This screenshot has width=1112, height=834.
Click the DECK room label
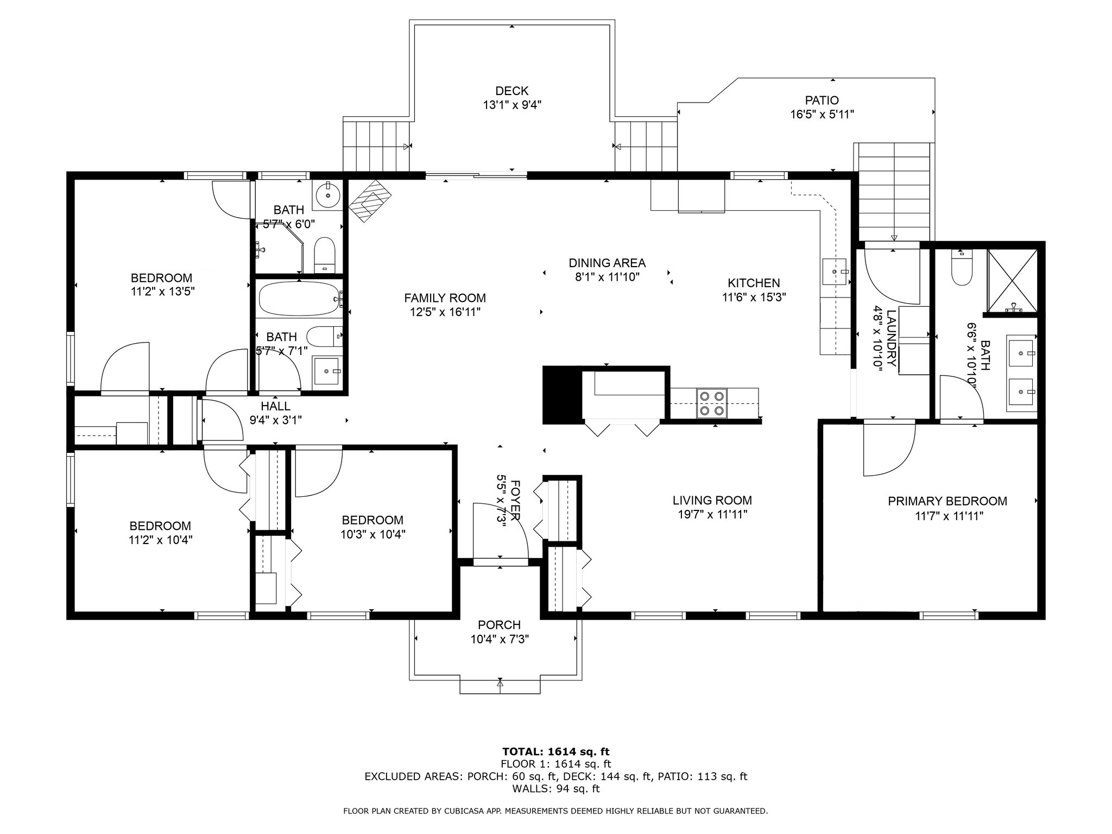click(511, 91)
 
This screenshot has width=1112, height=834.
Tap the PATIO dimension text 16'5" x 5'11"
click(822, 115)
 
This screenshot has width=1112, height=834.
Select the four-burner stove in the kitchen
click(712, 403)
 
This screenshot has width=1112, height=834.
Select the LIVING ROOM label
click(712, 500)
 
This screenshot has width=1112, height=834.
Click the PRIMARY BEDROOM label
click(947, 501)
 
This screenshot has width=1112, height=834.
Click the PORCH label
click(499, 625)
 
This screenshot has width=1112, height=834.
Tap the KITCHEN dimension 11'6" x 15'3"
click(754, 297)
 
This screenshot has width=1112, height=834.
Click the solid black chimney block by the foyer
click(563, 395)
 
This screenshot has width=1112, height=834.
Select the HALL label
click(275, 406)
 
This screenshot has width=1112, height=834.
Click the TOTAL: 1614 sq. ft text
click(555, 751)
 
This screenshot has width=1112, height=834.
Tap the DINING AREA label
click(606, 263)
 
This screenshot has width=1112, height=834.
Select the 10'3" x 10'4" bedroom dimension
click(372, 534)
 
